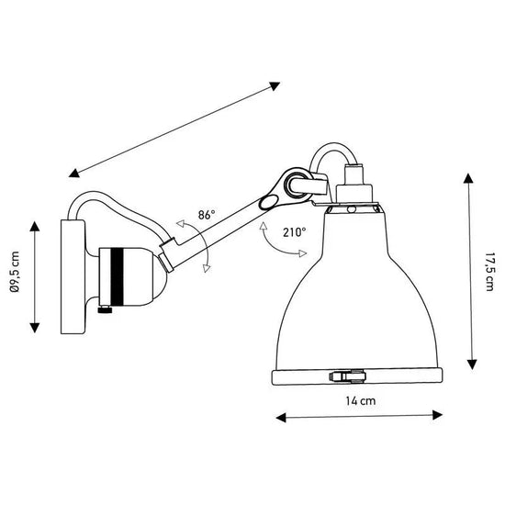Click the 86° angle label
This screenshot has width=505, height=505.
(206, 214)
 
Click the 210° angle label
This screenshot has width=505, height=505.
(295, 232)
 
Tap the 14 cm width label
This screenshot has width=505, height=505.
(360, 401)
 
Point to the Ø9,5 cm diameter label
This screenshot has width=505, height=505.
(13, 275)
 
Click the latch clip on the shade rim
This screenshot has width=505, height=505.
(346, 375)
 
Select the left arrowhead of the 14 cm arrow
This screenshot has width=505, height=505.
(279, 418)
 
